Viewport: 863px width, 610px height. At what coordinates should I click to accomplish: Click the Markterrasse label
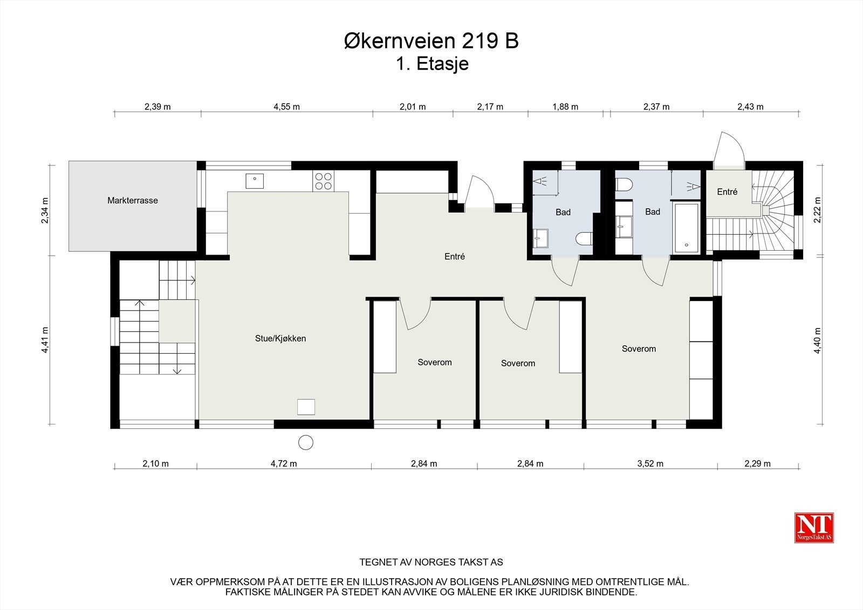coord(132,201)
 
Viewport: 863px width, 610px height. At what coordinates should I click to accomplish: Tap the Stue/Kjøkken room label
coord(280,339)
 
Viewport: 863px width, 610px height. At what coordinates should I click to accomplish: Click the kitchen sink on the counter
coord(255,180)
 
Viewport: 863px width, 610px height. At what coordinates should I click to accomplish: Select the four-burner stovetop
coord(323,181)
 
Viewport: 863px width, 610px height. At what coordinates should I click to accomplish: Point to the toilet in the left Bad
coord(584,238)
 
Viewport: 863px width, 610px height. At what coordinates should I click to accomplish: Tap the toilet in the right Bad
coord(624,185)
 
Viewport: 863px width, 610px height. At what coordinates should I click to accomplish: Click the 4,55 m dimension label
coord(286,107)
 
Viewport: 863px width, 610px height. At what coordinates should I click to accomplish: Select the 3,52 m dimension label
coord(650,464)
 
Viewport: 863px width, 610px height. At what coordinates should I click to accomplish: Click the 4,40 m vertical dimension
coord(817,340)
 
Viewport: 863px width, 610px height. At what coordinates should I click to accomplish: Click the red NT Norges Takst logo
coord(814,527)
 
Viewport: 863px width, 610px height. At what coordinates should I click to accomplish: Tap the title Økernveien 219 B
coord(432,41)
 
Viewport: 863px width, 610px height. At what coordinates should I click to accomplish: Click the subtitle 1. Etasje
coord(432,64)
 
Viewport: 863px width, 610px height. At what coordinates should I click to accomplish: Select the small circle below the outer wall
coord(306,442)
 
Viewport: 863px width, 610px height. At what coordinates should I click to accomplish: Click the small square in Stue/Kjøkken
coord(306,407)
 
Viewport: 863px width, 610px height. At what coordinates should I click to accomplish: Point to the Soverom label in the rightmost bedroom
coord(639,349)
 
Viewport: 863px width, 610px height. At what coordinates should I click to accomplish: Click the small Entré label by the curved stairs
coord(727,192)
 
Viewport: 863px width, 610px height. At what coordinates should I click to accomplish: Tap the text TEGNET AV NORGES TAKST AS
coord(431,562)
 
